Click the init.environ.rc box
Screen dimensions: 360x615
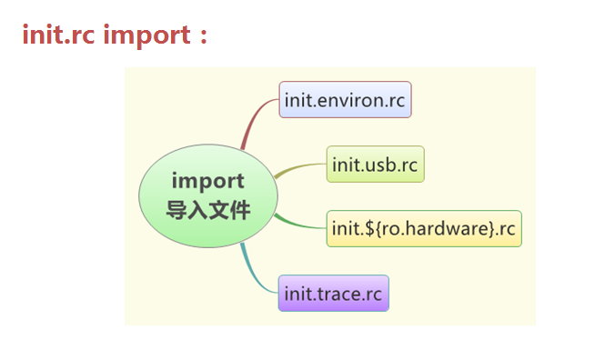[345, 100]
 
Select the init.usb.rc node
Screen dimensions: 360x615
[376, 165]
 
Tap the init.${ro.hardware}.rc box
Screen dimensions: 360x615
[424, 229]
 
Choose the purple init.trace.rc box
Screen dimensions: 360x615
[334, 294]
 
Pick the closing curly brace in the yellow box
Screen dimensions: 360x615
[494, 229]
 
